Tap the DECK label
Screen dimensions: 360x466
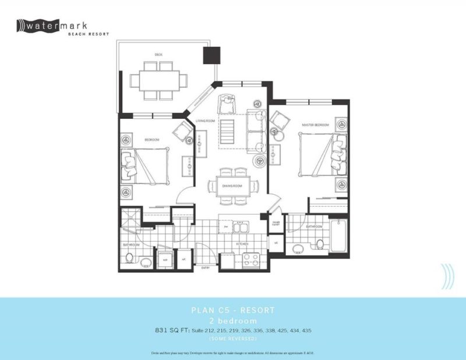[x=158, y=55]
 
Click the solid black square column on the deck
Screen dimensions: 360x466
[x=210, y=55]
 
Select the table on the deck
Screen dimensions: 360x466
[x=159, y=80]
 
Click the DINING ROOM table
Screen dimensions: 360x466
[x=231, y=185]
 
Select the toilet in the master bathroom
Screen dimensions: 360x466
[x=320, y=243]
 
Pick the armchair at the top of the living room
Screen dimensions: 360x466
[x=225, y=105]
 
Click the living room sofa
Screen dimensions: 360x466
[x=255, y=131]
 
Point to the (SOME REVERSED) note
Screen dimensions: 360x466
[x=233, y=338]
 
